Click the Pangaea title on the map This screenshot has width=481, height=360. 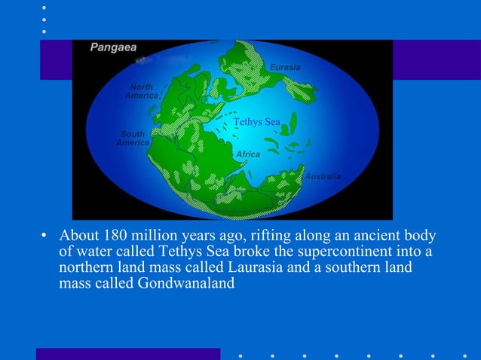coord(114,47)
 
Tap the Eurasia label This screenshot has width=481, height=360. coord(285,68)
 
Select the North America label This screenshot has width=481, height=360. coord(141,91)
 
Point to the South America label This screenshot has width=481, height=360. coord(133,139)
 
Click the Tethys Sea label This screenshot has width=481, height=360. coord(256,122)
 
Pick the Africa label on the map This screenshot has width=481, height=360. coord(248,154)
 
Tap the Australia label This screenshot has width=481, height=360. coord(323,176)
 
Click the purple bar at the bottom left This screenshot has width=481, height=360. coord(128,354)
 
